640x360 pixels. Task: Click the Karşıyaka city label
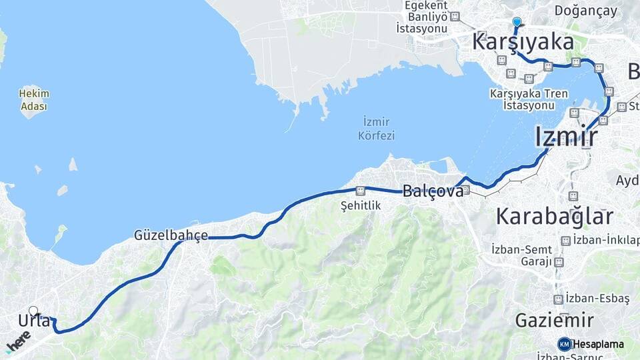point(523,41)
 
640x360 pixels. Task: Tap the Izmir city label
point(565,137)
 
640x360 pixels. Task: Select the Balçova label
point(433,191)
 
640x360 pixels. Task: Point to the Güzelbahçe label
point(171,235)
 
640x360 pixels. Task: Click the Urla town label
point(34,321)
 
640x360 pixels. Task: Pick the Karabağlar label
point(554,216)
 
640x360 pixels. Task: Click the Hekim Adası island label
point(34,100)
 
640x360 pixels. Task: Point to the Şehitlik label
point(361,205)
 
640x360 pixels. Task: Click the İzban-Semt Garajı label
point(521,255)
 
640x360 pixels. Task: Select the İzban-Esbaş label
point(597,298)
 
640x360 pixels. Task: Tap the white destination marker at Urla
point(33,311)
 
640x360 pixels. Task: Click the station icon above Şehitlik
point(361,190)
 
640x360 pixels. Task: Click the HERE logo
point(18,344)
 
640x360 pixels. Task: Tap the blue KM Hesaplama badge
point(591,344)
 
